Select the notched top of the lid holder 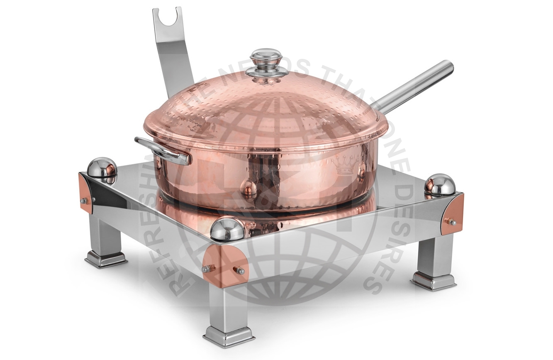[167, 17]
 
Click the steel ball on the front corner [228, 228]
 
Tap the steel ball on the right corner [439, 184]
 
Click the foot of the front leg [229, 335]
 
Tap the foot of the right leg [433, 281]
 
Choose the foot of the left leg [106, 258]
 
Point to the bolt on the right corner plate [450, 221]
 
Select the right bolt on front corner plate [239, 270]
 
